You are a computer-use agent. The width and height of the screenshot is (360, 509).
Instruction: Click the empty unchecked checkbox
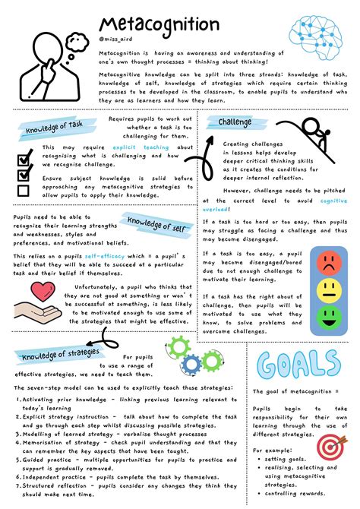tap(24, 190)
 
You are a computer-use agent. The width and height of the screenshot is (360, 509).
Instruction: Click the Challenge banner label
tap(235, 122)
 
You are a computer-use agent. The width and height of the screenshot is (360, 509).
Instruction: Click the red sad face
tap(328, 264)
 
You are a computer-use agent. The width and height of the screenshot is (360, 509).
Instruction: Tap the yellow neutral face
tap(328, 289)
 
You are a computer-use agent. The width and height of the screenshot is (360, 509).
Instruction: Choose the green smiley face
tap(328, 314)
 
